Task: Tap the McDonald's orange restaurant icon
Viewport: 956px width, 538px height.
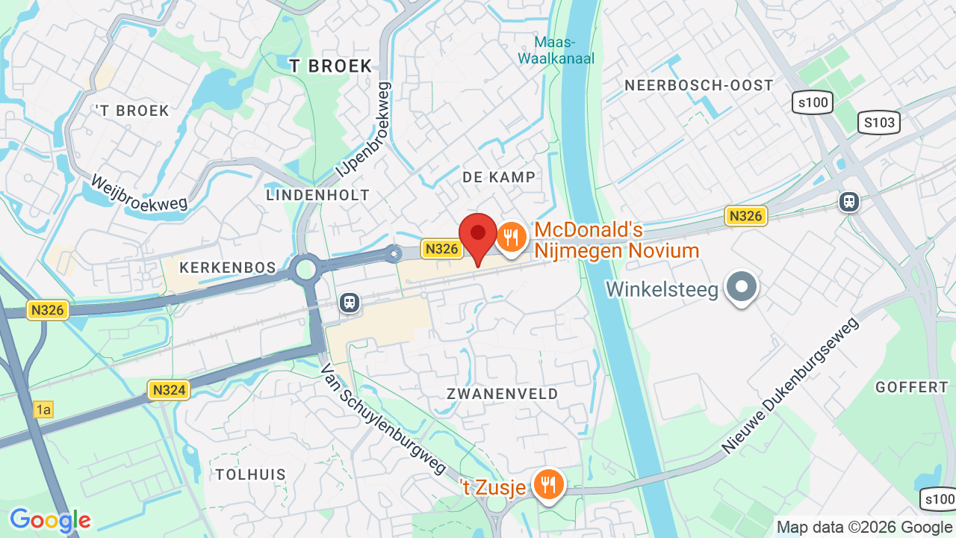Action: click(x=512, y=238)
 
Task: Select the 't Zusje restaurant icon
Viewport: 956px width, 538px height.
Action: click(x=549, y=485)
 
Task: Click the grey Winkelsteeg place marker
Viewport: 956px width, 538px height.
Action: click(x=742, y=286)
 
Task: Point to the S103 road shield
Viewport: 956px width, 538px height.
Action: click(x=879, y=123)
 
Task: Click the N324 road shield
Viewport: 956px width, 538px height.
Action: click(x=169, y=389)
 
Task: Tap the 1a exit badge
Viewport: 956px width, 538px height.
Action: click(x=43, y=409)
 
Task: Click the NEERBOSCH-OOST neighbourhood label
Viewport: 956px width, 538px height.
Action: click(x=699, y=85)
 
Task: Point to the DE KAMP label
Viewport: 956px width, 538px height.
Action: click(x=499, y=177)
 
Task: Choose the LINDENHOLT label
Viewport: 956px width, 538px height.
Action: click(x=317, y=195)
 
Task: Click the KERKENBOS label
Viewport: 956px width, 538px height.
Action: click(x=228, y=268)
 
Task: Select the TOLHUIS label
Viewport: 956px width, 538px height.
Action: click(x=251, y=474)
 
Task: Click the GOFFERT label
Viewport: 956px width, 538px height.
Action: click(x=911, y=387)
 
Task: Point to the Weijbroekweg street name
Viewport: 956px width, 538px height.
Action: click(x=139, y=192)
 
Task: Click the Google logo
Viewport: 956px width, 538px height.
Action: click(x=50, y=521)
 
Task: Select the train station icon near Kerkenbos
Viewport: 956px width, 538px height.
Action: click(x=349, y=302)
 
